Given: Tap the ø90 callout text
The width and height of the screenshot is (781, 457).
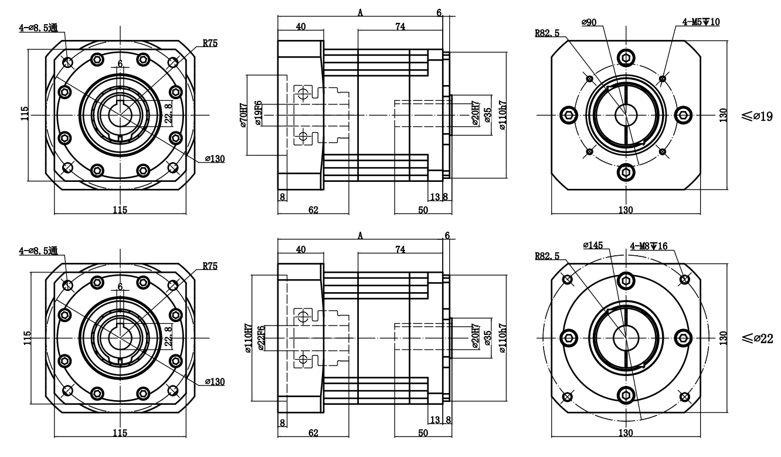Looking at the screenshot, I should (x=589, y=22).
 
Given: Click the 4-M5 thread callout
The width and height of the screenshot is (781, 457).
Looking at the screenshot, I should (x=701, y=22).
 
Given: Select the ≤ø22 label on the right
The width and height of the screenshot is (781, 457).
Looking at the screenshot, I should (x=757, y=338).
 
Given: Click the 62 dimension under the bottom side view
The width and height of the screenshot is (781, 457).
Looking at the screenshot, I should (x=313, y=433).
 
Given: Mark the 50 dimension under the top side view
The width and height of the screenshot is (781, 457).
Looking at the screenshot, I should (x=422, y=210).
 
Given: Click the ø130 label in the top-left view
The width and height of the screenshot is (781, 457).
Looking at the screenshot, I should (x=215, y=159).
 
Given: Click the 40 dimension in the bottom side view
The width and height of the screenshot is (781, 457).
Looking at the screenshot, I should (x=300, y=249).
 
